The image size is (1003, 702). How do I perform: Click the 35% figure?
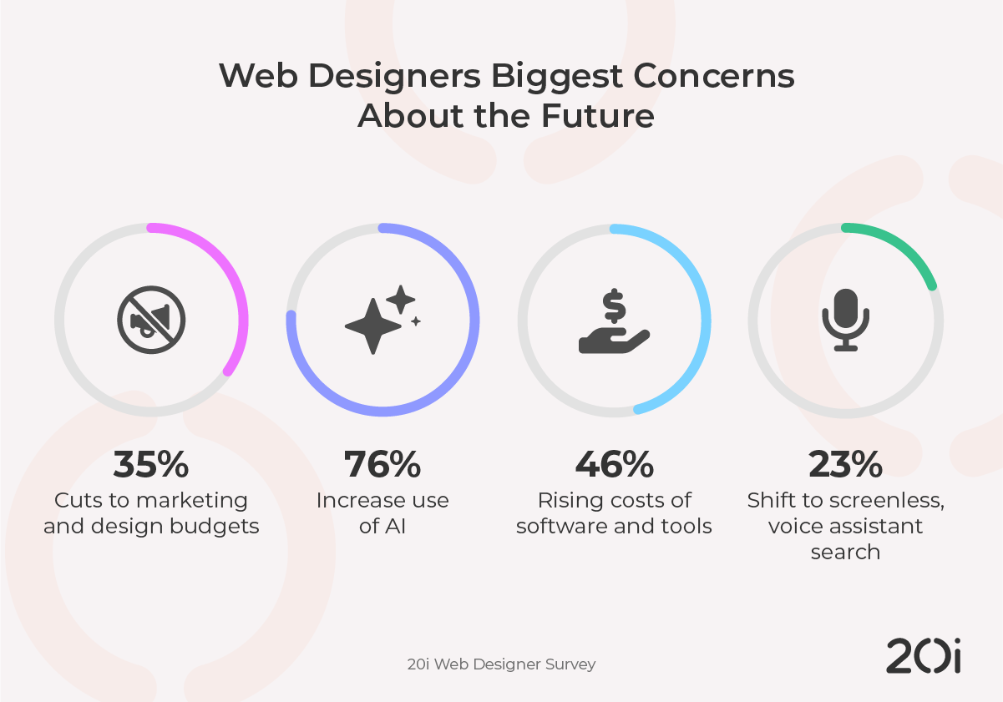pos(151,465)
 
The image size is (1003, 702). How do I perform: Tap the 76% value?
pos(382,465)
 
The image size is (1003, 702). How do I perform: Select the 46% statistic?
pos(614,465)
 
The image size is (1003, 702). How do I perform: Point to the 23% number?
pos(845,465)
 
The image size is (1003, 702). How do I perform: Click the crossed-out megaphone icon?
pos(151,320)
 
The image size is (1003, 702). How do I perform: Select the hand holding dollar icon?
pos(614,322)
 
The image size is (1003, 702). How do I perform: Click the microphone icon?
pos(845,320)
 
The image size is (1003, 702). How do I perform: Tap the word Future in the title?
pos(596,116)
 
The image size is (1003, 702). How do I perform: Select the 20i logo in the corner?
pos(923,656)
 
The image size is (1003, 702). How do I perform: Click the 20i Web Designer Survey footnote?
pos(501,664)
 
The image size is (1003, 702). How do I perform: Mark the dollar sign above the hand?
pos(614,306)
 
